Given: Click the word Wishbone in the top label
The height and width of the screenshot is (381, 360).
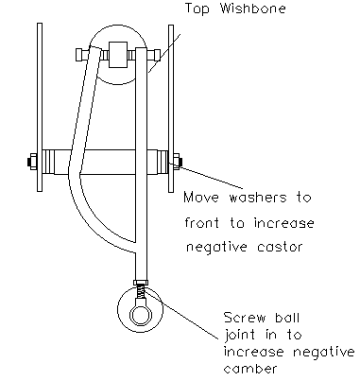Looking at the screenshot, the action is click(253, 9).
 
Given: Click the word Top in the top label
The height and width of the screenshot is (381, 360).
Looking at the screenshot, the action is click(197, 9).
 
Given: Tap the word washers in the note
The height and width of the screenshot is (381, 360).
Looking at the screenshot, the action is click(258, 198).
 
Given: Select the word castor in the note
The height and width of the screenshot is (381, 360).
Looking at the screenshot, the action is click(280, 247).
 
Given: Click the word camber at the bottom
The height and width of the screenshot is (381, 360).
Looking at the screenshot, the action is click(250, 368).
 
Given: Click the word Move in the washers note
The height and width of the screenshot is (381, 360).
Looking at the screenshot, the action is click(201, 198).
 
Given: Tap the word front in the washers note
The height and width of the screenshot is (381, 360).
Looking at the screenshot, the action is click(202, 223).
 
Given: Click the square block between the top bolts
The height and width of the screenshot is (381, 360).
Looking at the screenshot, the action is click(118, 55).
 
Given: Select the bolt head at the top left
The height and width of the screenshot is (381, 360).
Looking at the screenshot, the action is click(81, 55).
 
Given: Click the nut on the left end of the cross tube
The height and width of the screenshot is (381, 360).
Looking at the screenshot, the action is click(32, 162).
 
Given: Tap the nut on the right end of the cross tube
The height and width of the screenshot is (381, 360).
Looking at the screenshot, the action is click(177, 162).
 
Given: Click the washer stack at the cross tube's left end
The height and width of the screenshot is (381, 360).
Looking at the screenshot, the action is click(48, 162).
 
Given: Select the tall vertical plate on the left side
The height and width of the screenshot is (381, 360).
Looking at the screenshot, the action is click(40, 107).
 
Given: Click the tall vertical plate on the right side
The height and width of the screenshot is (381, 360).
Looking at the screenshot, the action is click(171, 109).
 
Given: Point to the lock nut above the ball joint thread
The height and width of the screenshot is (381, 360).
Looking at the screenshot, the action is click(141, 282).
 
